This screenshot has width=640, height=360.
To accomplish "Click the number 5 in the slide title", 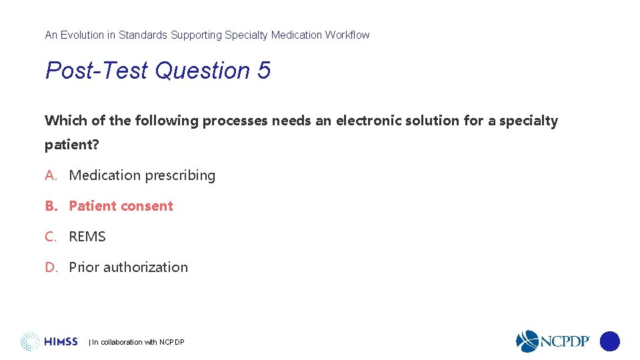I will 263,71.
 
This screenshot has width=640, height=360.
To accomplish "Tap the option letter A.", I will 51,175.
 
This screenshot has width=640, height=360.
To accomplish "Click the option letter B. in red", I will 51,206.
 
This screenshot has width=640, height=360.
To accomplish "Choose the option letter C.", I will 51,237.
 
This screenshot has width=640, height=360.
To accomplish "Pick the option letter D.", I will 51,267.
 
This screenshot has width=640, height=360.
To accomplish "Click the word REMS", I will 87,237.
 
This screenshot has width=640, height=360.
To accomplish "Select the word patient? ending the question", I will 71,145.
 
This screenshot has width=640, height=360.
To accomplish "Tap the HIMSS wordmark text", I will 61,342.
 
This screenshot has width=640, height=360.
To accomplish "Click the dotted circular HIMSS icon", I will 30,341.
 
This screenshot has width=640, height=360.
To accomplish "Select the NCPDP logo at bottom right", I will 553,341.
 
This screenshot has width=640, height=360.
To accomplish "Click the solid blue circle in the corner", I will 609,341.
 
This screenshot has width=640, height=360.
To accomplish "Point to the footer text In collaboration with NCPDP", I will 137,342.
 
